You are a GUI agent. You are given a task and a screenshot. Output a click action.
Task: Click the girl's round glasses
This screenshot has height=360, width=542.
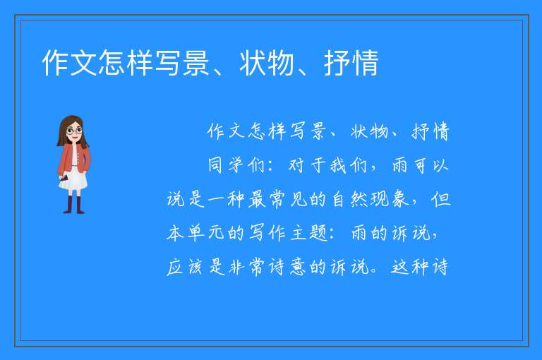pyautogui.click(x=74, y=131)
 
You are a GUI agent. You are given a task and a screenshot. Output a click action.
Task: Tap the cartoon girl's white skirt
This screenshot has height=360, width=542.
pyautogui.click(x=73, y=181)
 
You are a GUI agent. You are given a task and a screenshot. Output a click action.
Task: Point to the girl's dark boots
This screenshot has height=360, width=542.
pyautogui.click(x=73, y=205)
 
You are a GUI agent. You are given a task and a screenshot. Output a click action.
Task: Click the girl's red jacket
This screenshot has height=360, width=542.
pyautogui.click(x=73, y=158)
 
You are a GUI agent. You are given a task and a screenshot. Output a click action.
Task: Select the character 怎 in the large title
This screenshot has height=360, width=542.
pyautogui.click(x=112, y=63)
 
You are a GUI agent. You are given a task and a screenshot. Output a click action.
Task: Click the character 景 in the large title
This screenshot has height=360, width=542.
pyautogui.click(x=196, y=63)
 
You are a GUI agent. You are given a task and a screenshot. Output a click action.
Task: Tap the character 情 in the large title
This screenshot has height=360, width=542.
pyautogui.click(x=366, y=63)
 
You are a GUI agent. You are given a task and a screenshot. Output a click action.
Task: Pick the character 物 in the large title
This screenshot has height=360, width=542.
pyautogui.click(x=280, y=63)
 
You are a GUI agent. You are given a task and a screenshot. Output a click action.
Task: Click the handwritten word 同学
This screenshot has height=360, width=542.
pyautogui.click(x=225, y=165)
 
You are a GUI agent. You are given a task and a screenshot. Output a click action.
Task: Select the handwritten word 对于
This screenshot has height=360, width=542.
pyautogui.click(x=307, y=165)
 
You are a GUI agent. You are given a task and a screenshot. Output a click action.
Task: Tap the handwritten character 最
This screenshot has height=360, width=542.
pyautogui.click(x=256, y=199)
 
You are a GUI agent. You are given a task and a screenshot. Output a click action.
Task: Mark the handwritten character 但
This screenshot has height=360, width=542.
pyautogui.click(x=440, y=199)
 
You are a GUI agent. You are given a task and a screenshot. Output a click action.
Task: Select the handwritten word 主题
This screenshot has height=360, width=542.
pyautogui.click(x=308, y=233)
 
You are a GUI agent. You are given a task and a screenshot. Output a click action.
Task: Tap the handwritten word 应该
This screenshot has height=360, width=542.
pyautogui.click(x=184, y=267)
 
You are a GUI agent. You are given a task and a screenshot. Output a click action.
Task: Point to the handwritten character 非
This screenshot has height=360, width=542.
pyautogui.click(x=236, y=267)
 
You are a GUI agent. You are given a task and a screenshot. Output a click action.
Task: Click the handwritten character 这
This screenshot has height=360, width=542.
pyautogui.click(x=399, y=267)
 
